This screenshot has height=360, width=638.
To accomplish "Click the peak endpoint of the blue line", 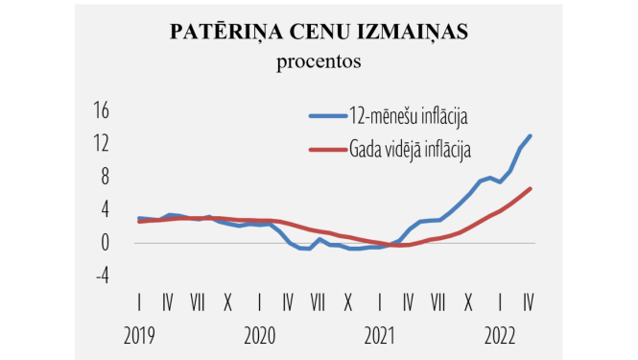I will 530,136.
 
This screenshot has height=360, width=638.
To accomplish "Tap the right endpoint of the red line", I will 530,188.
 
